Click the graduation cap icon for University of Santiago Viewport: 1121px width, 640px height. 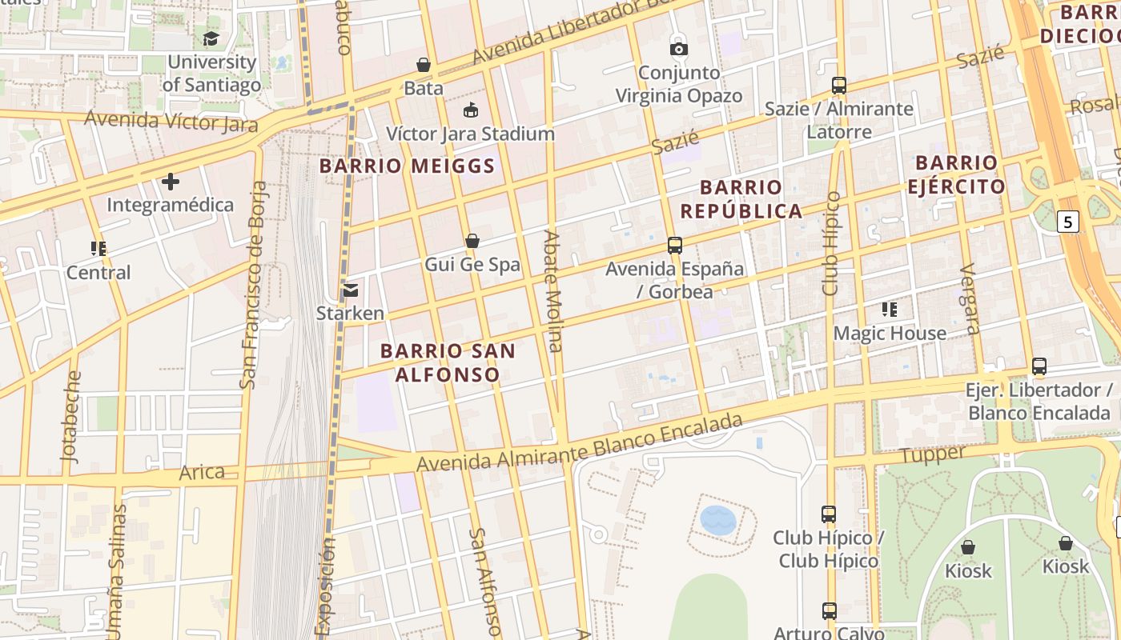[211, 38]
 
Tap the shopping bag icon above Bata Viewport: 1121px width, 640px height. [424, 65]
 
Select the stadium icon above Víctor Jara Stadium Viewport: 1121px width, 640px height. [471, 110]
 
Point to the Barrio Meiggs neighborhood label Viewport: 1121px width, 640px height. [408, 166]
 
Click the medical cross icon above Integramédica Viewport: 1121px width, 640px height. [171, 182]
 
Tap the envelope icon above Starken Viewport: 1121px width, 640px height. [350, 290]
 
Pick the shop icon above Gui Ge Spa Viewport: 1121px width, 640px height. [472, 241]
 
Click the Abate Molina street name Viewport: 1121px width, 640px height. [553, 291]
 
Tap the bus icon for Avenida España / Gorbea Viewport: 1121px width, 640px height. [675, 246]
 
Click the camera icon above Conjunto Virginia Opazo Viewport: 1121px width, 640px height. [679, 49]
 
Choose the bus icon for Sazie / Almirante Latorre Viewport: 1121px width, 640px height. [839, 86]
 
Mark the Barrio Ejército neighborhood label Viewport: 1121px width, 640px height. [957, 174]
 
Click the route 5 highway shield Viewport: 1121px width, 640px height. [1067, 222]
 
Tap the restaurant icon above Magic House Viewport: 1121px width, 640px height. [890, 310]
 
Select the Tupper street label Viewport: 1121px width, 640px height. [933, 454]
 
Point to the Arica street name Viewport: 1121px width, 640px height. [202, 472]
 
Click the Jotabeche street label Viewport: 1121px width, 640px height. [72, 416]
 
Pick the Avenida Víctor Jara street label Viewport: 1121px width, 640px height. [171, 122]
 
